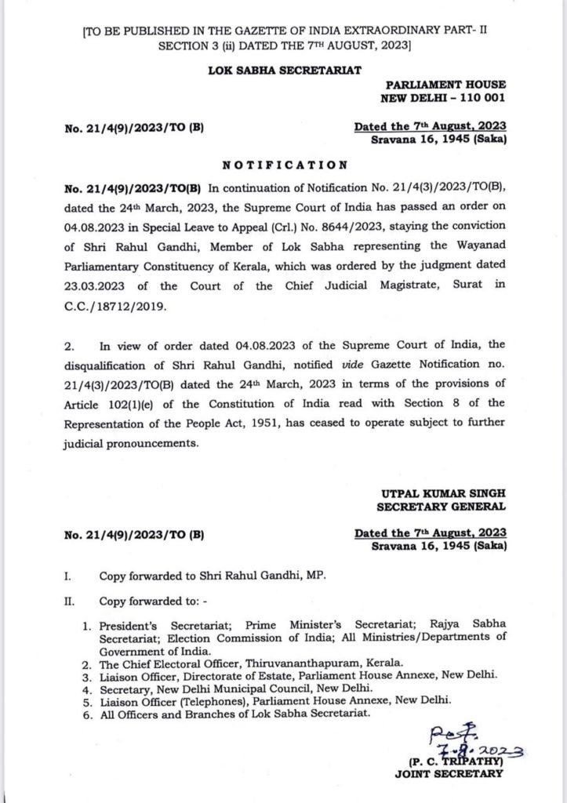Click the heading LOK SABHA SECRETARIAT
point(283,70)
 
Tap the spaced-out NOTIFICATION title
point(283,165)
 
